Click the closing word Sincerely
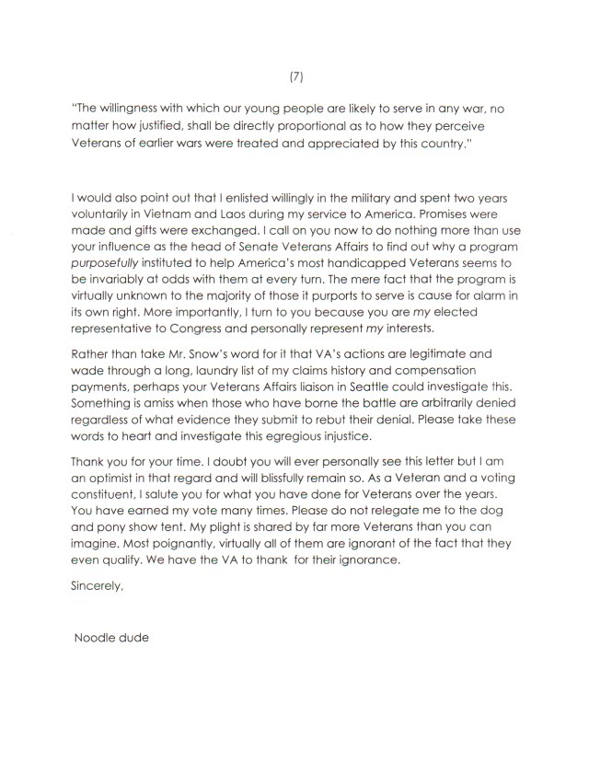[96, 583]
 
